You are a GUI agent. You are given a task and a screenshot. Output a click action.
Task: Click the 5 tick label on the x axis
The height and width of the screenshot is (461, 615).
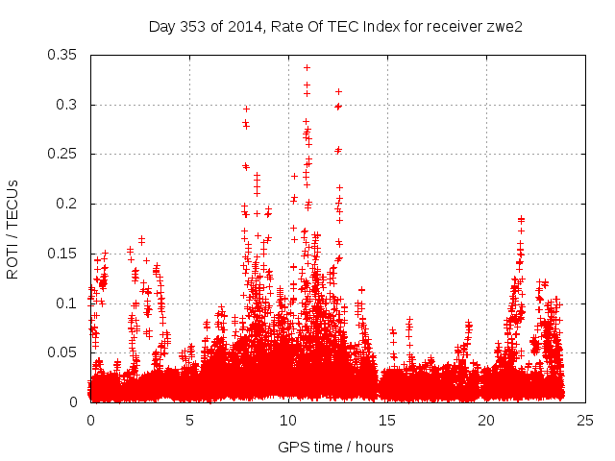[189, 421]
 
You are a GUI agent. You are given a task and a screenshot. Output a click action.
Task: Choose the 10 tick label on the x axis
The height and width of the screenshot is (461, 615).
[288, 421]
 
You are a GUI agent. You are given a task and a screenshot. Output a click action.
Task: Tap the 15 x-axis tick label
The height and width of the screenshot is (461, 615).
[387, 421]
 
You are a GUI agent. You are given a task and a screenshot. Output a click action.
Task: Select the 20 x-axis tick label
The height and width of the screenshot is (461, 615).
[486, 421]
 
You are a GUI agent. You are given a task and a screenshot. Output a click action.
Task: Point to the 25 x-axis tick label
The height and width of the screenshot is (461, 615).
[585, 421]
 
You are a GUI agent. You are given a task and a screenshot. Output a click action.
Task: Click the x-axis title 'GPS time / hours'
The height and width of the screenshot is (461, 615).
[335, 447]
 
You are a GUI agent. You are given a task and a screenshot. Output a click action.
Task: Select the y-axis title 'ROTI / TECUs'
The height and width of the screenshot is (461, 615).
[12, 230]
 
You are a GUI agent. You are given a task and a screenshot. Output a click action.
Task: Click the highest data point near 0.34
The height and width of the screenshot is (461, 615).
[307, 67]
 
